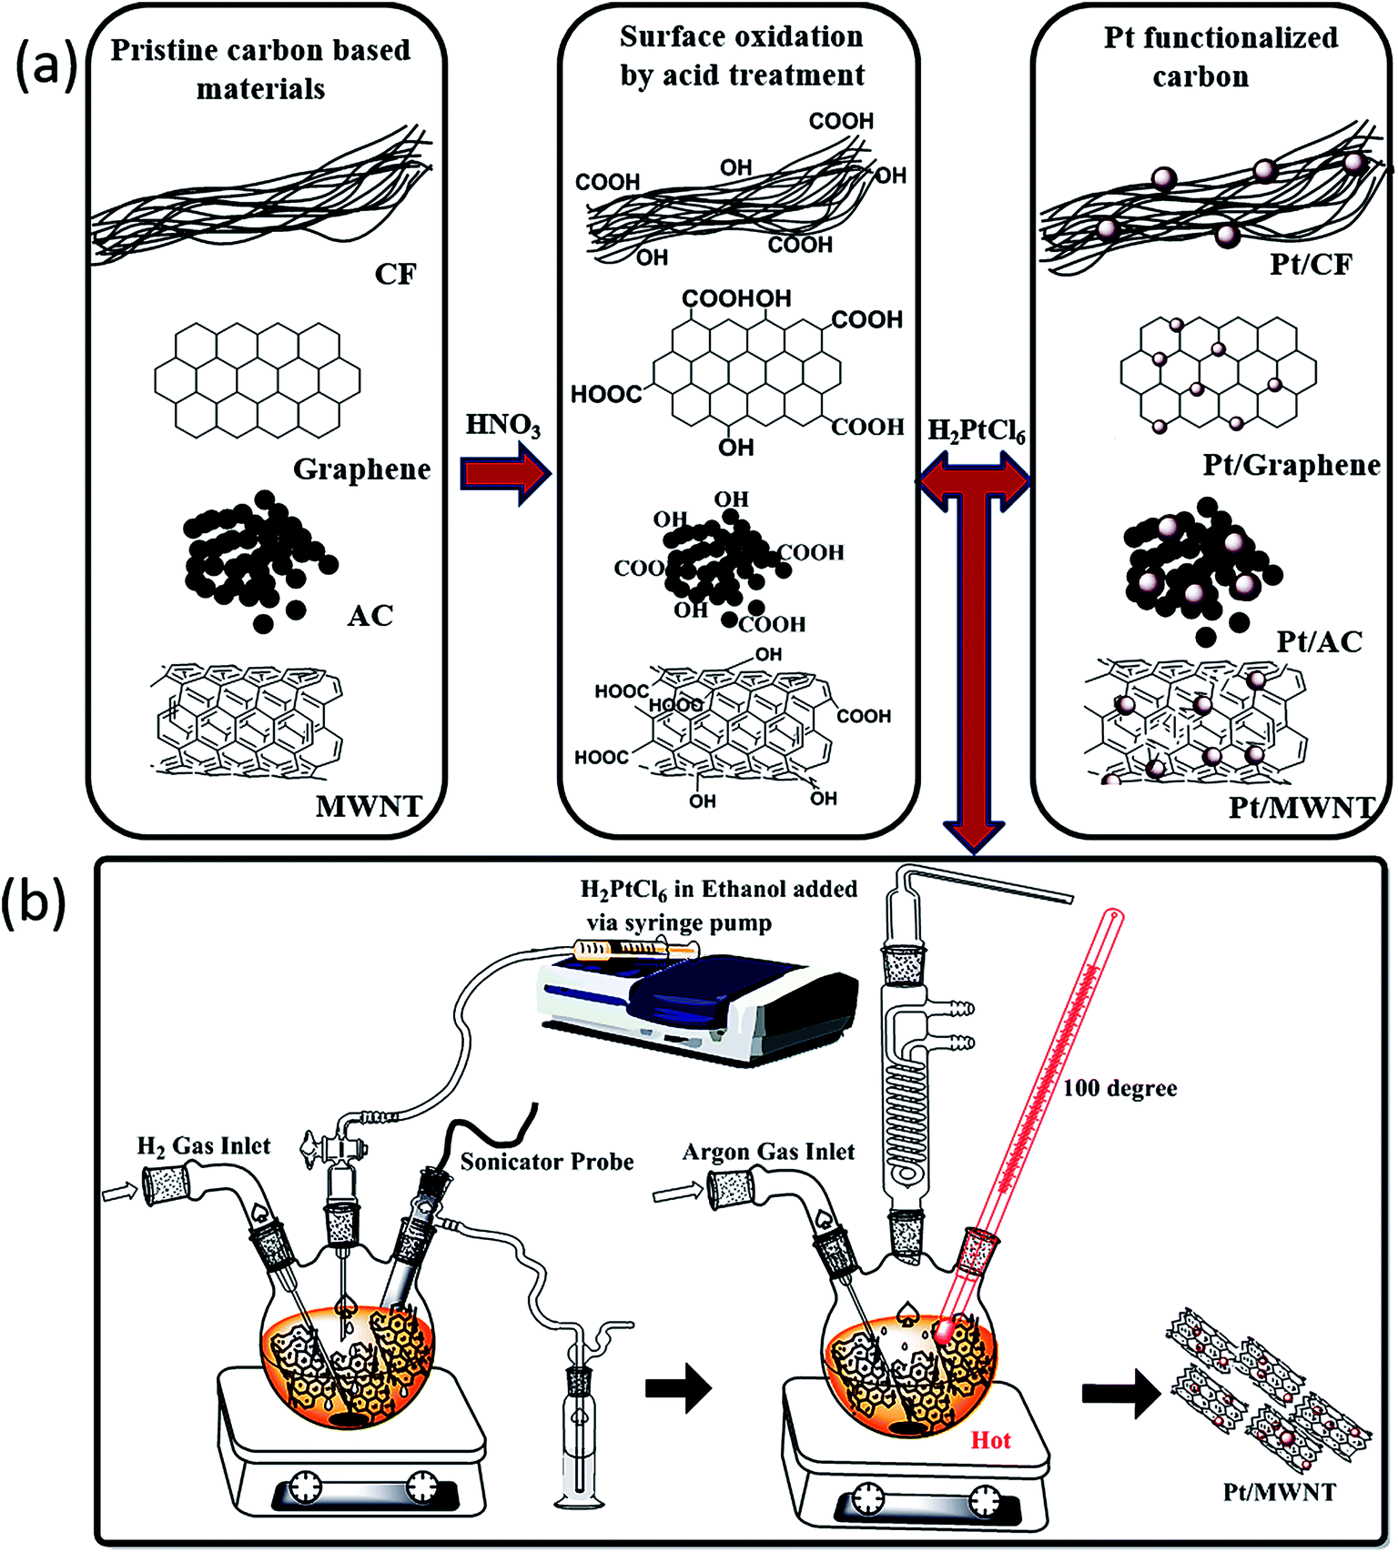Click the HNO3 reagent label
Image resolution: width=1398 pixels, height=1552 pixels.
coord(502,425)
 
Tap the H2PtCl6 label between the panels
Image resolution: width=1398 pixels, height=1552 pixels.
coord(976,430)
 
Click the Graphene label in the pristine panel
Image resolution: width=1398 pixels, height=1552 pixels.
coord(361,469)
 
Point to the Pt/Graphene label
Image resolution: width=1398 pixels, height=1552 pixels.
coord(1292,466)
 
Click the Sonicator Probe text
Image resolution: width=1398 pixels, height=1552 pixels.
coord(546,1162)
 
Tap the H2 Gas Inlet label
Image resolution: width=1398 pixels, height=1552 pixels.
coord(204,1146)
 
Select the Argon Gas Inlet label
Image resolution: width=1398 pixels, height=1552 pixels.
coord(768,1153)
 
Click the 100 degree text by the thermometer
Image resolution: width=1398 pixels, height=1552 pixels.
coord(1119,1088)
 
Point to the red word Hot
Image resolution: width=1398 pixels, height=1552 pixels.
coord(990,1440)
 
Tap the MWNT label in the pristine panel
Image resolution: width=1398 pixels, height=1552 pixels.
coord(369,807)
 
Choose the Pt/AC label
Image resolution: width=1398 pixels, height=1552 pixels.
coord(1319,641)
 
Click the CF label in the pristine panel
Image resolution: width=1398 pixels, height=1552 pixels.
coord(395,274)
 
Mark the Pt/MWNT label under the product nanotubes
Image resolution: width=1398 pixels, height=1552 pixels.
coord(1279,1492)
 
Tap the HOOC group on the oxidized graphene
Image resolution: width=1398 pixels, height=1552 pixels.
coord(606,394)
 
